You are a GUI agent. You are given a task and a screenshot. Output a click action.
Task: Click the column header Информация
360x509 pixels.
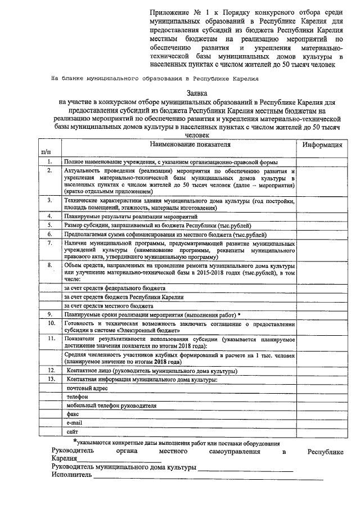point(322,145)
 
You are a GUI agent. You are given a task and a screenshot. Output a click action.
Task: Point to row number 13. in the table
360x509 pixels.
point(50,379)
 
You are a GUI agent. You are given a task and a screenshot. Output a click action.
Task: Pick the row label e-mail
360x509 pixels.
point(74,422)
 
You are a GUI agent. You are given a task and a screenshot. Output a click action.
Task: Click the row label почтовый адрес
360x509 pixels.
point(84,388)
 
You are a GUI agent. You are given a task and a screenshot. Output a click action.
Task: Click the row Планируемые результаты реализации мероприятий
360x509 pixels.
point(130,216)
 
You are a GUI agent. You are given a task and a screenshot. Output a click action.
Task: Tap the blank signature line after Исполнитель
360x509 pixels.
point(208,477)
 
